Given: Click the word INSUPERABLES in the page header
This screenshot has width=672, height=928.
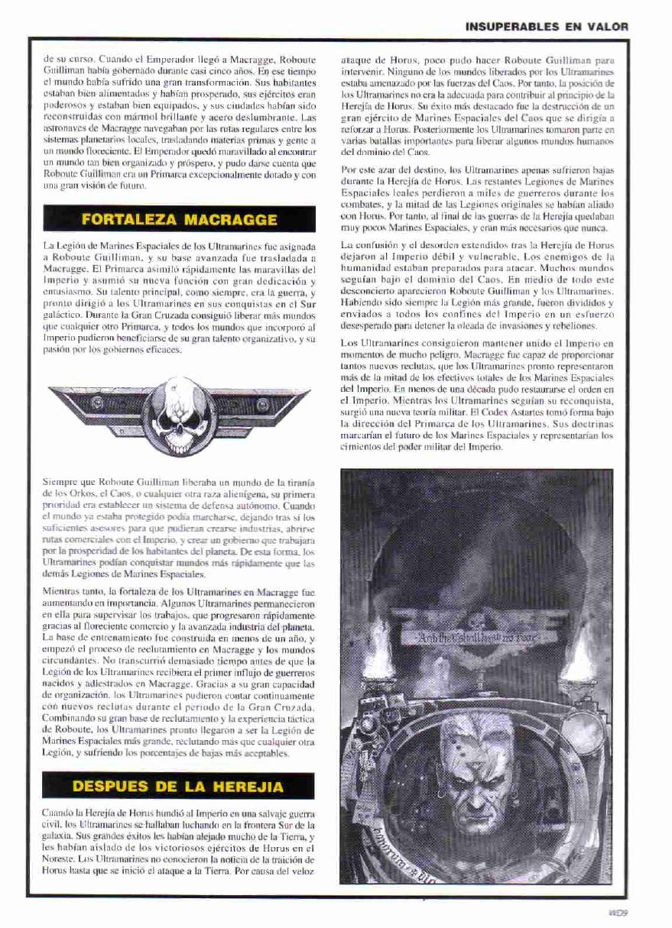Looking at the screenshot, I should [x=512, y=26].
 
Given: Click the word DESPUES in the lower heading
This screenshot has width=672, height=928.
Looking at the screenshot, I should [x=111, y=786].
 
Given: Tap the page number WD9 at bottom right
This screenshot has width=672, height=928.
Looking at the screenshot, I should [x=617, y=911].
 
